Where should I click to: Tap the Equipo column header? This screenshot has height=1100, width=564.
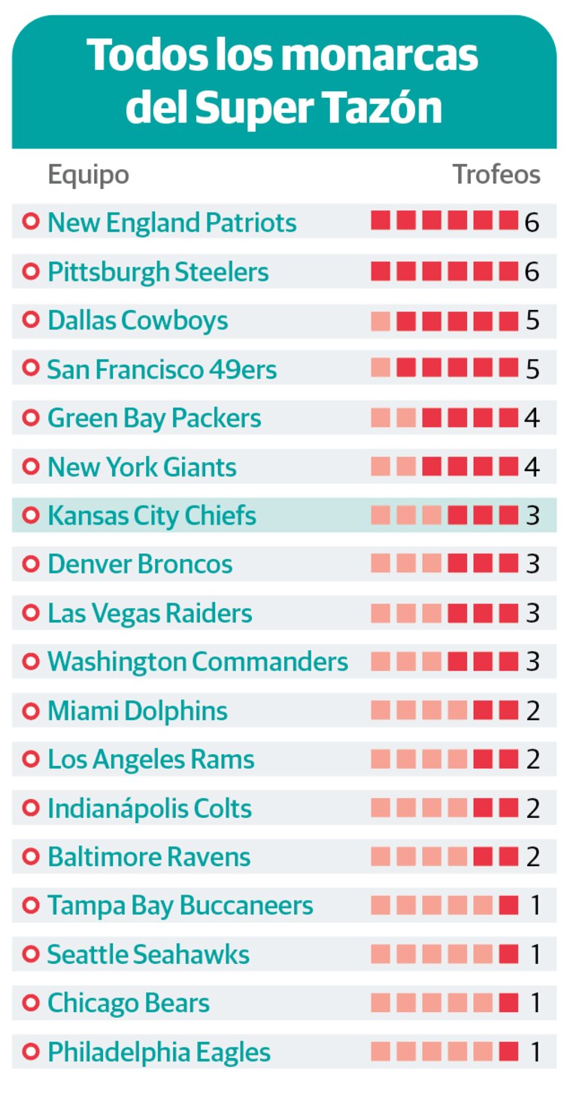(88, 175)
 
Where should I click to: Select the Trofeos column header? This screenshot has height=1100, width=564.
(496, 175)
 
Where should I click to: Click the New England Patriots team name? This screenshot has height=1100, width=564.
(172, 223)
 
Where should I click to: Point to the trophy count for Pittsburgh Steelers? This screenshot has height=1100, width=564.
(532, 272)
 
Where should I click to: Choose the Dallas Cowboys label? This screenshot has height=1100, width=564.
(138, 321)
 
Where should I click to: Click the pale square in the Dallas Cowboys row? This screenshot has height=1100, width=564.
(381, 321)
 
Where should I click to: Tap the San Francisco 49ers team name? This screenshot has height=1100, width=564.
(162, 369)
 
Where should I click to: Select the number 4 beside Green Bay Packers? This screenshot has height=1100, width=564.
(532, 418)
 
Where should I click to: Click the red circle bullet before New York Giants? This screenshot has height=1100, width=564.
(31, 467)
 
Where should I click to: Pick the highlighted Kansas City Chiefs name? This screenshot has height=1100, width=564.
(152, 516)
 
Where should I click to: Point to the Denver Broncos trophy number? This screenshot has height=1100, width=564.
(532, 564)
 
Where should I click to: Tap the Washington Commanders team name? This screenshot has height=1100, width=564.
(198, 662)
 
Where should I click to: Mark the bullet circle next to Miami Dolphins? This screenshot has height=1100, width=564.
(31, 711)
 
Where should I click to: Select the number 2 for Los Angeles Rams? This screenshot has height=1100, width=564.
(532, 760)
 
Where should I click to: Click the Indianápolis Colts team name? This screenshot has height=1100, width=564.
(150, 809)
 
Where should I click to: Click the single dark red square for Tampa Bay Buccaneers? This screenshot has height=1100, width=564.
(509, 906)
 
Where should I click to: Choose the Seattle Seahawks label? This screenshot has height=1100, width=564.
(148, 955)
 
